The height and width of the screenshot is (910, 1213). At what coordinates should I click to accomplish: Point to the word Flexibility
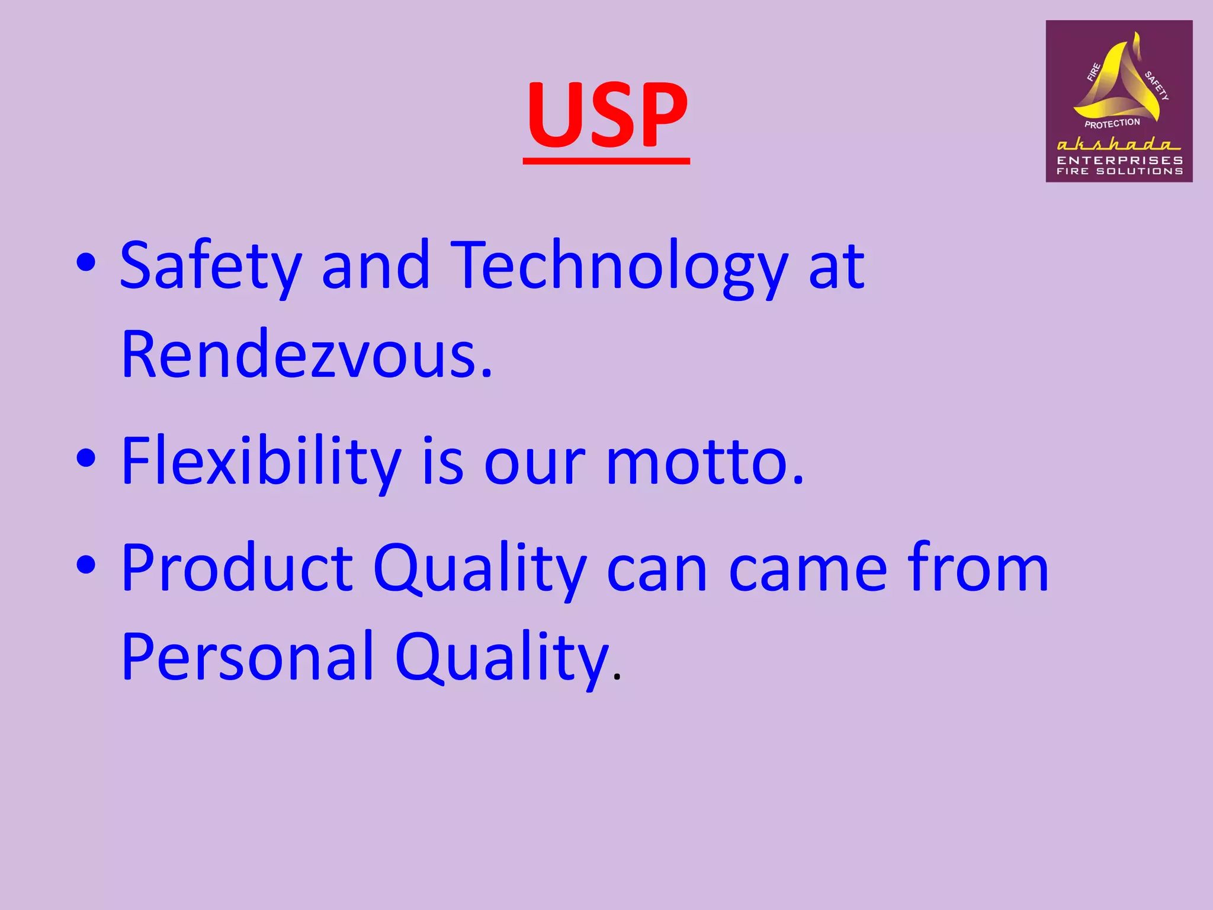point(261,462)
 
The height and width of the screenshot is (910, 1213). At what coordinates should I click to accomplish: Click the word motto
point(705,462)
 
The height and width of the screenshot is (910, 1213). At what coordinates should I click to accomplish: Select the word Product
point(237,568)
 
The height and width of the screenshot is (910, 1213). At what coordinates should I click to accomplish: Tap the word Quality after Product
point(480,569)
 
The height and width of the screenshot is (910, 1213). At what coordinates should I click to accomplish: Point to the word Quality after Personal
point(502,658)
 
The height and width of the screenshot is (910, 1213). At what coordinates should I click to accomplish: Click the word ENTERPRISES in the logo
point(1119,160)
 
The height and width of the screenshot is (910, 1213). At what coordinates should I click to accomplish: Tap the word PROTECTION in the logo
point(1112,123)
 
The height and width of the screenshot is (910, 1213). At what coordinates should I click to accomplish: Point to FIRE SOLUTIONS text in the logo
point(1119,171)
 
